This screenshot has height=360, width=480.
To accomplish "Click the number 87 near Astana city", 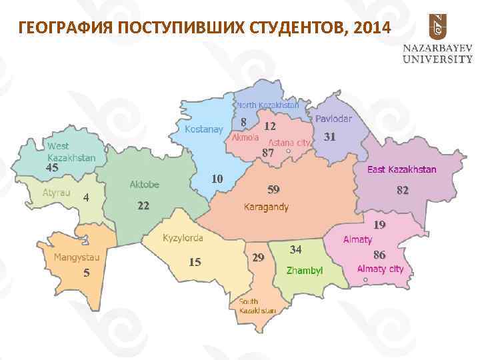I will pyautogui.click(x=268, y=153).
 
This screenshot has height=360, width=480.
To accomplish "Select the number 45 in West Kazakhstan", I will pyautogui.click(x=52, y=168).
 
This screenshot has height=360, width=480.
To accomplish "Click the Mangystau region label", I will pyautogui.click(x=77, y=257).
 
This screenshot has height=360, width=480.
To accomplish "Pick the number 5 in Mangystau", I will pyautogui.click(x=86, y=273).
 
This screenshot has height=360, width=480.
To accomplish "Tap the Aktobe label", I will pyautogui.click(x=144, y=184).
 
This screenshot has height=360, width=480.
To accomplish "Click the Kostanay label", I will pyautogui.click(x=204, y=129).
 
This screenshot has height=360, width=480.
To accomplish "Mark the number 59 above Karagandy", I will pyautogui.click(x=273, y=189).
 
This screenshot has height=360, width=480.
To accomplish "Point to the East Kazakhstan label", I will pyautogui.click(x=402, y=169).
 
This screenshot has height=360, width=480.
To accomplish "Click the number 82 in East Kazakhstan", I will pyautogui.click(x=402, y=191).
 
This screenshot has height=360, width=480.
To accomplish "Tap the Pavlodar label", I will pyautogui.click(x=333, y=119).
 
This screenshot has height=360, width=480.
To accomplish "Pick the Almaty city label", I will pyautogui.click(x=380, y=269).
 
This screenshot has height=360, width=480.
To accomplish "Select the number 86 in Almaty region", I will pyautogui.click(x=380, y=255).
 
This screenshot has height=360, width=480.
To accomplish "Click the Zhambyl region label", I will pyautogui.click(x=304, y=271).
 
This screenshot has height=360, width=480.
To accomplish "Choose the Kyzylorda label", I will pyautogui.click(x=183, y=237).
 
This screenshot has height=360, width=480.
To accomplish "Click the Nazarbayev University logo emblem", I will pyautogui.click(x=437, y=27).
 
